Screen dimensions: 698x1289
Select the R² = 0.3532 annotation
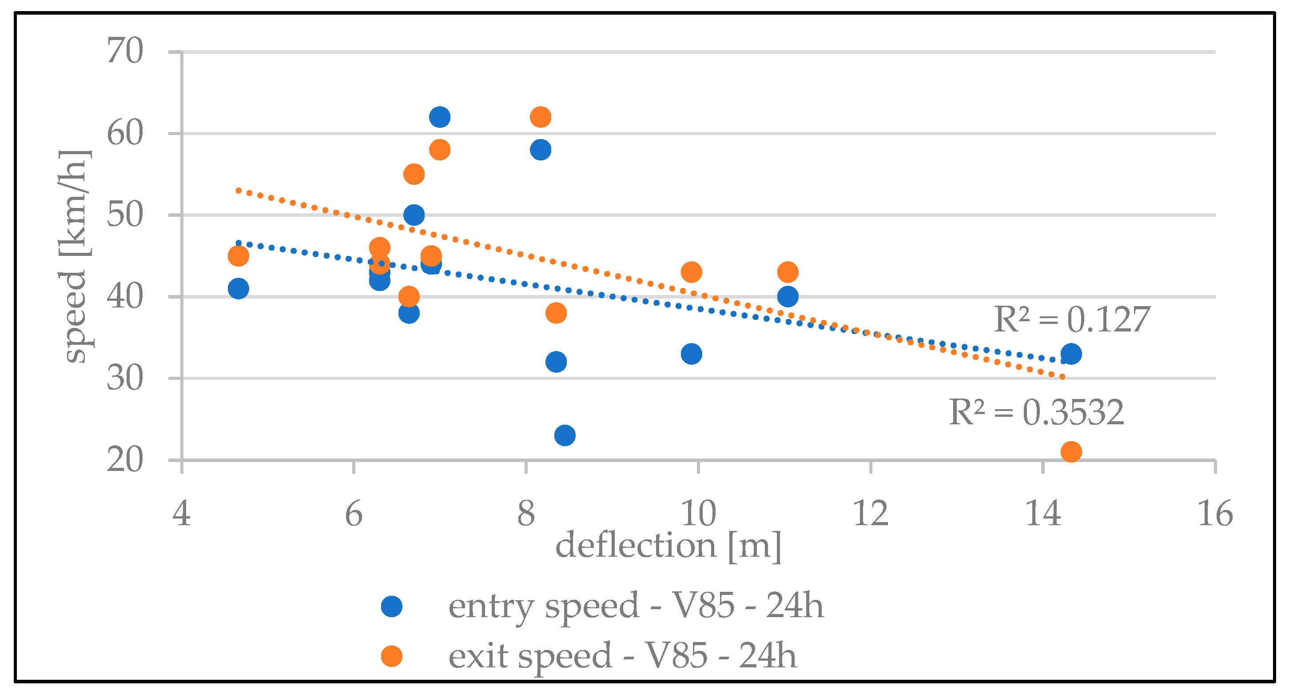1036,412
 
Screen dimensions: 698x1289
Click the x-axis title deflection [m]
668,546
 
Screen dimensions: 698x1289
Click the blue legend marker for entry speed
391,606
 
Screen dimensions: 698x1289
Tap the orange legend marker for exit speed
391,656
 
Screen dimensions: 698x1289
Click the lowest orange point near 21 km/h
1071,452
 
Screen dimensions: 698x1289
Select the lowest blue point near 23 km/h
565,435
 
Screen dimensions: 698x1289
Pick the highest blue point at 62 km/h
439,117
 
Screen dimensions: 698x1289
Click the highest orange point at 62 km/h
541,117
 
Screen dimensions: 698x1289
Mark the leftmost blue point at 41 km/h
238,289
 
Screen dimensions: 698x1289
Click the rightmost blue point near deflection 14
1071,354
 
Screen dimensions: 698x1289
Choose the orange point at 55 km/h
414,174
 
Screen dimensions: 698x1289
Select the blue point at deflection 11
788,297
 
